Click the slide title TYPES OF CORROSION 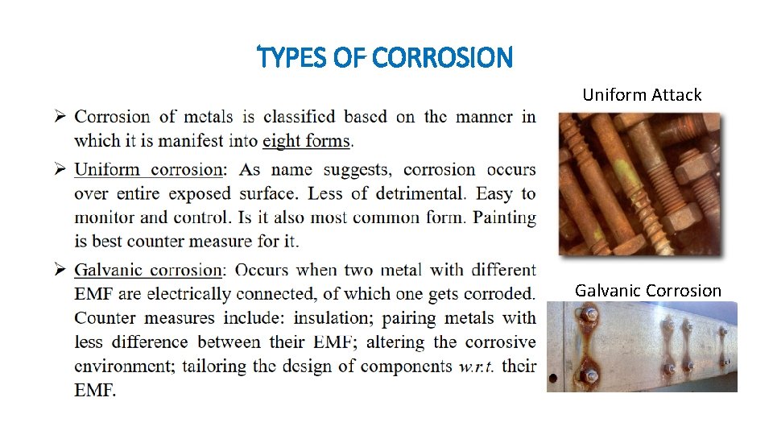click(384, 58)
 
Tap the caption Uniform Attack click(642, 95)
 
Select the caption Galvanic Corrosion click(648, 291)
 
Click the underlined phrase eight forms click(307, 141)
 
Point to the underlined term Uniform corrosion click(149, 169)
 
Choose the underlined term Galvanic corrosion click(148, 270)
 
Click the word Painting click(505, 217)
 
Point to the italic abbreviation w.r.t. click(481, 367)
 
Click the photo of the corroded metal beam click(642, 347)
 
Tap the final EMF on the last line click(95, 391)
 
